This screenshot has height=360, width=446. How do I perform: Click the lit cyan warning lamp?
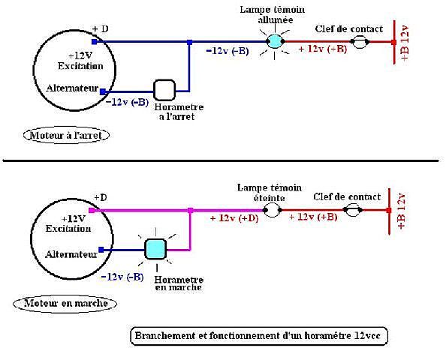point(275,41)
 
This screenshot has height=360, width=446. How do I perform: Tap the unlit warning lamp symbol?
point(273,210)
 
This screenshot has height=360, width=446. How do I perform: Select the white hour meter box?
point(164,90)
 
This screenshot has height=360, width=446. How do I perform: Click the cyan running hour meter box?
point(155,249)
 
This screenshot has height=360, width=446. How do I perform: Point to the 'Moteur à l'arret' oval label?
point(66,135)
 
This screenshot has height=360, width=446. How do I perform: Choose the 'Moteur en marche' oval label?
point(65,303)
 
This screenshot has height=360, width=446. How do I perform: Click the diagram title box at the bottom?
point(259,336)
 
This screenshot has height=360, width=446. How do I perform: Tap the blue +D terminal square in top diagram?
point(95,42)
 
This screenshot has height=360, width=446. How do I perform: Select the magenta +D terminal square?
point(92,210)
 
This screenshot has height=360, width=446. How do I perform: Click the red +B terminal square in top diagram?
point(394,42)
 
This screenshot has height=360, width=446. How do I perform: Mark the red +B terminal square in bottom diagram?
point(389,210)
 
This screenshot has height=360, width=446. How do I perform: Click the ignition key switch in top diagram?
point(360,42)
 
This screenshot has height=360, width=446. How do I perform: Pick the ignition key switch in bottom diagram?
point(353,210)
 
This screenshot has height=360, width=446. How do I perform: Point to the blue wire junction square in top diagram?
point(190,42)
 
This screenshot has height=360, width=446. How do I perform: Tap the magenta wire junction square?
point(191,211)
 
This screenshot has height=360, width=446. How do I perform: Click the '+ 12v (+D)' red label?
point(234,218)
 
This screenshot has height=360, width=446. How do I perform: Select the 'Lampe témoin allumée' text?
point(273,15)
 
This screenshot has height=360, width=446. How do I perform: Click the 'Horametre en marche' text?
point(179,283)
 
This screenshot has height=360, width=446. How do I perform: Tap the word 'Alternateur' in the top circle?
point(72,88)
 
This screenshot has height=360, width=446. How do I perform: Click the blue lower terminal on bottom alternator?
point(101,250)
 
